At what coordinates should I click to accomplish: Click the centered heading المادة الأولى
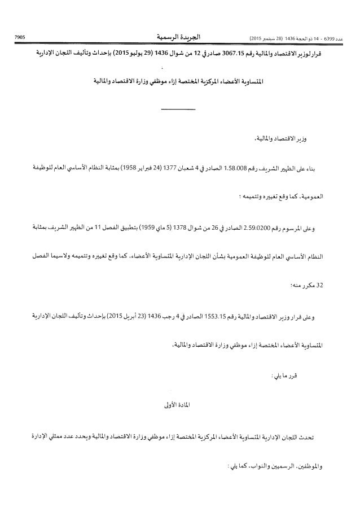180,404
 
